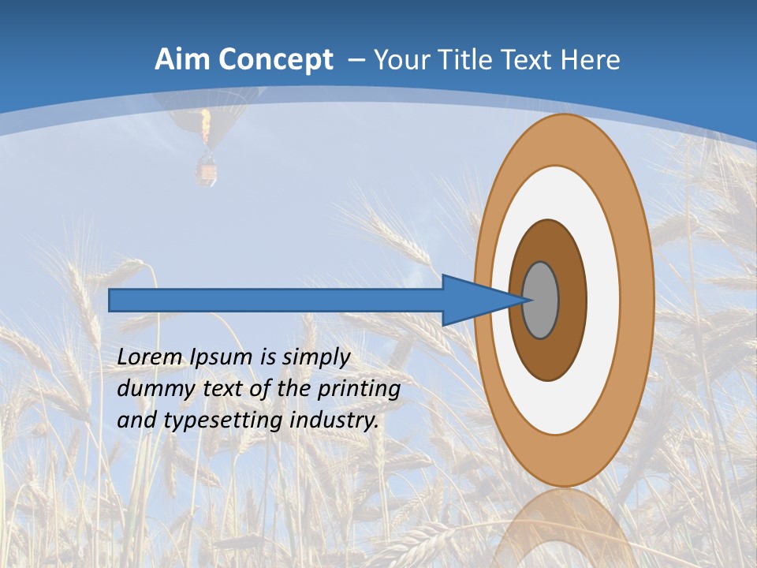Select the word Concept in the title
click(x=276, y=60)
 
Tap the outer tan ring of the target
click(x=563, y=138)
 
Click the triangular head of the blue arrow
click(x=473, y=301)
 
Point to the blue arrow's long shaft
click(x=276, y=301)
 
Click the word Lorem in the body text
click(x=151, y=357)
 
